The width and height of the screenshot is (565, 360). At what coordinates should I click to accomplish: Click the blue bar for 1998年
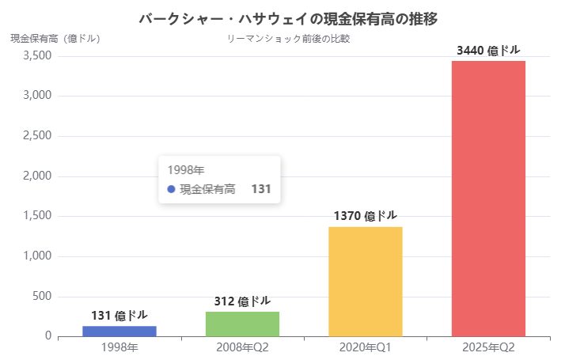(119, 331)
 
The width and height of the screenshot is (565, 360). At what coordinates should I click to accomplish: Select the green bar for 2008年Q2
(242, 324)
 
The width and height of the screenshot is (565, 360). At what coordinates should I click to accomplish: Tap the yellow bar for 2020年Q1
(365, 281)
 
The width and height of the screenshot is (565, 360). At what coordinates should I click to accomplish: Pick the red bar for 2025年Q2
(488, 198)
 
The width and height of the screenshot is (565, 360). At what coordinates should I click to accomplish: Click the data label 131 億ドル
(119, 315)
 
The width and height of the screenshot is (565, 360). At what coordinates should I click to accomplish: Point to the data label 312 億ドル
(242, 301)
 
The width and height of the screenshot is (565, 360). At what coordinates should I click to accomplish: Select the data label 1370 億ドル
(365, 215)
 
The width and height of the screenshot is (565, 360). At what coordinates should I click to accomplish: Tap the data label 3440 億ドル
(488, 50)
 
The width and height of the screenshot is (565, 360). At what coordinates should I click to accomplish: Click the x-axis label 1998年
(119, 348)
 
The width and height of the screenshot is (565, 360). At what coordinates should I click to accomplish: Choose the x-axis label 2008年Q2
(242, 348)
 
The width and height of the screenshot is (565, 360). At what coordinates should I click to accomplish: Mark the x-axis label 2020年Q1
(365, 348)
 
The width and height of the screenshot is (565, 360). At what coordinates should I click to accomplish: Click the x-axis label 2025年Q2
(488, 348)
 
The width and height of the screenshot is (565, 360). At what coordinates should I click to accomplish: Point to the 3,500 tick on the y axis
(37, 56)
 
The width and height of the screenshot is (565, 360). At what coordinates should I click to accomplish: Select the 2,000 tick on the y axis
(37, 176)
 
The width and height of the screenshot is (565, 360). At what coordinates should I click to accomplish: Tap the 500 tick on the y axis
(43, 297)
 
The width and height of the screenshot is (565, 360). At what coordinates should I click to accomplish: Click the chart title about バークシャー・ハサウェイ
(287, 18)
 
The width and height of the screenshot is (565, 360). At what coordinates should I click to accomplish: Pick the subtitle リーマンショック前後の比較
(287, 38)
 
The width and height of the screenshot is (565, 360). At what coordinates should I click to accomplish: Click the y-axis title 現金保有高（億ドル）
(55, 38)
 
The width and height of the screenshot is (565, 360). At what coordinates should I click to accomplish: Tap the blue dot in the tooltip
(171, 189)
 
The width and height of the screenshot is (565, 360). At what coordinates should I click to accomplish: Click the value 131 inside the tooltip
(261, 189)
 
